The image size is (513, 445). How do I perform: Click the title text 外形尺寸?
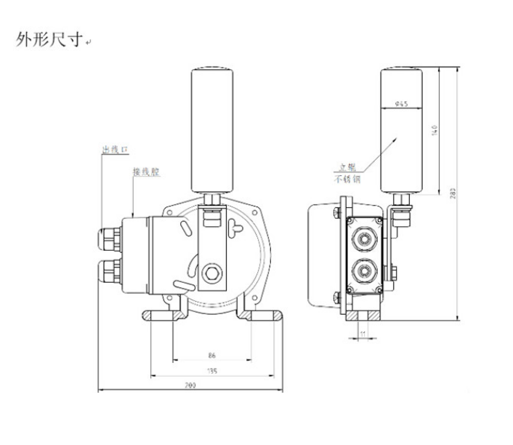(49, 39)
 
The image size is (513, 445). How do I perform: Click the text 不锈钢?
(347, 179)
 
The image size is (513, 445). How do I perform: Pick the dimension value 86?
(212, 356)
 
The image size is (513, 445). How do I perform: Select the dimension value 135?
(212, 372)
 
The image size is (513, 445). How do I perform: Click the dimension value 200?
(191, 385)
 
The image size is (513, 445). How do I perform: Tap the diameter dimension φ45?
(400, 104)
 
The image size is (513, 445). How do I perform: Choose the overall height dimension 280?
(453, 193)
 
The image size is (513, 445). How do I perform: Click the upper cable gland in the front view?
(109, 237)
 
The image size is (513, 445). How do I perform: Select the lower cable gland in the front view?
(109, 270)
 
